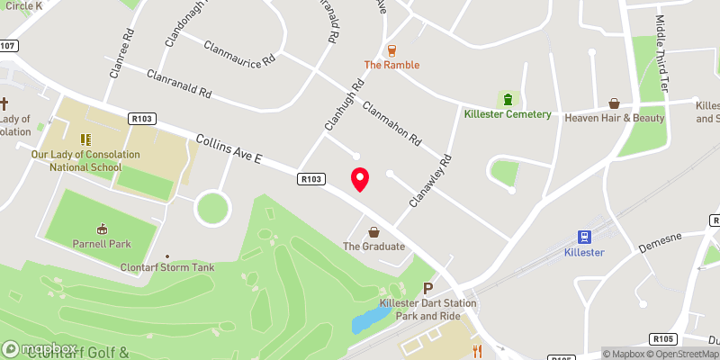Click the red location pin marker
pyautogui.click(x=360, y=179)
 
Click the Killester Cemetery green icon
pyautogui.click(x=508, y=99)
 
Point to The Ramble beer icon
pyautogui.click(x=391, y=50)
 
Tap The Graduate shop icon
pyautogui.click(x=373, y=231)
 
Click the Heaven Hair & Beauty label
pyautogui.click(x=614, y=118)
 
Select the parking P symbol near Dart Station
pyautogui.click(x=428, y=288)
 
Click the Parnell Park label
pyautogui.click(x=101, y=243)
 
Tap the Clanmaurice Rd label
pyautogui.click(x=239, y=55)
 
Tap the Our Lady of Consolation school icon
pyautogui.click(x=85, y=139)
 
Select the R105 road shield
pyautogui.click(x=664, y=338)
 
